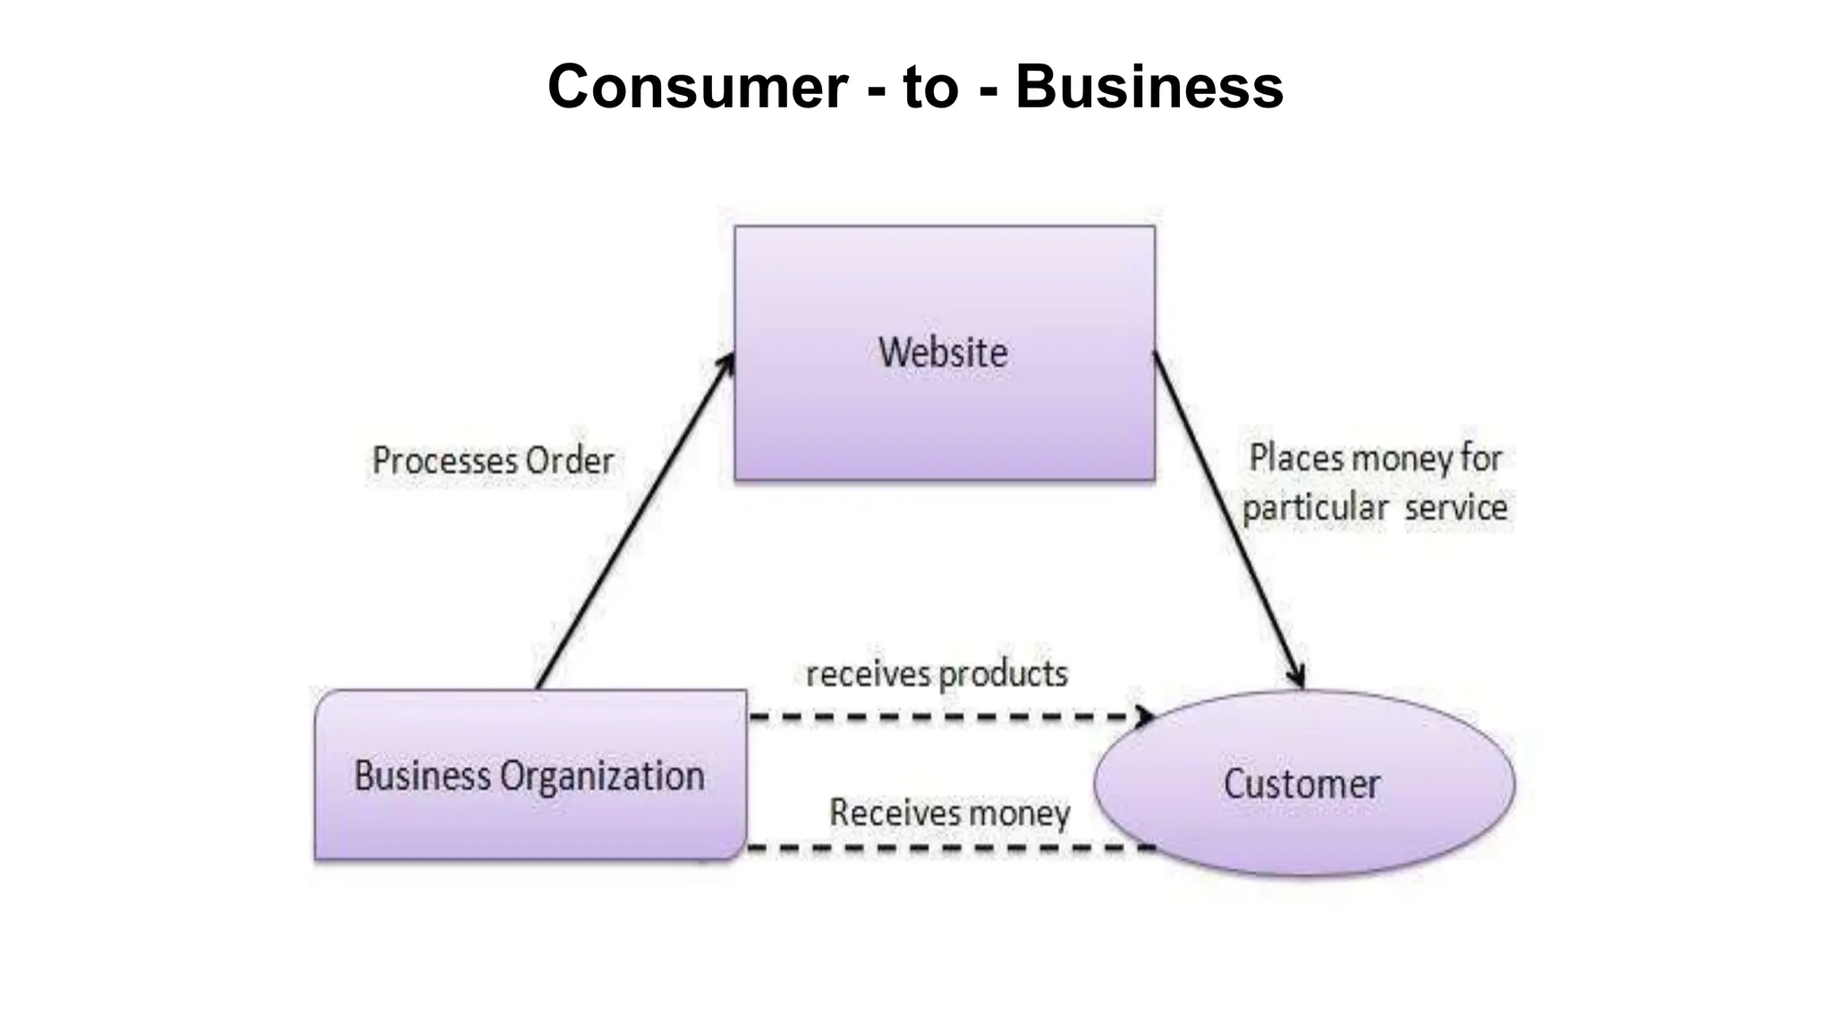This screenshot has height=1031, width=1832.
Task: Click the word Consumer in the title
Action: click(698, 87)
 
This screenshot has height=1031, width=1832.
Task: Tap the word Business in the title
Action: click(1149, 87)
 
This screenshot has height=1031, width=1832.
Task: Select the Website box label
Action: click(943, 353)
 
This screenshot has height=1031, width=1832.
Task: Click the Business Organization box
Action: click(530, 775)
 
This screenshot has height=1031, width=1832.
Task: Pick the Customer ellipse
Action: click(1302, 784)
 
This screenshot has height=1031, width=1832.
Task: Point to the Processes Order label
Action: click(493, 461)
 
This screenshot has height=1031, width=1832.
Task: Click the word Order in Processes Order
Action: click(570, 461)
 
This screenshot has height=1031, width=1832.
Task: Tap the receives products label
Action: click(937, 674)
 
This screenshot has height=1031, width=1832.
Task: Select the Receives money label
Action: click(950, 813)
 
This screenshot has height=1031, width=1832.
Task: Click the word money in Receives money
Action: click(1020, 814)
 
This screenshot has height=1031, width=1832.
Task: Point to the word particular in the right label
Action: click(1315, 508)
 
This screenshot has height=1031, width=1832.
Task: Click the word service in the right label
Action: click(1455, 507)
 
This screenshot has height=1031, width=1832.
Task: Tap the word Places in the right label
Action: click(1295, 458)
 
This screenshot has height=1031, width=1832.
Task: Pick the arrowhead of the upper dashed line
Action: click(1144, 716)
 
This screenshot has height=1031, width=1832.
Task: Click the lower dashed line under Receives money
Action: click(948, 847)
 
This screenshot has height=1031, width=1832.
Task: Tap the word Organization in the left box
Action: click(602, 776)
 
